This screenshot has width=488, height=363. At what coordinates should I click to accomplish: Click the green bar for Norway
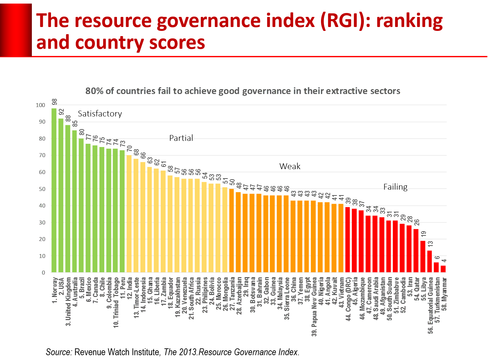54,190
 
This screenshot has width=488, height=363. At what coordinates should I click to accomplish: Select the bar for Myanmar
443,269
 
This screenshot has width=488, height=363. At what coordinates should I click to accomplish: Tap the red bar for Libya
423,256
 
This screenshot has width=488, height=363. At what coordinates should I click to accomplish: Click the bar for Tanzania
232,231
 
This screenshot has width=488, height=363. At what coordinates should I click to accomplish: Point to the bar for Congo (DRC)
348,240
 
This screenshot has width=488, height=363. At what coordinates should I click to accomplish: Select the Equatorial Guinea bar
430,262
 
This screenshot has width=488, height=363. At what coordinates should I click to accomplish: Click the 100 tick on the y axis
41,105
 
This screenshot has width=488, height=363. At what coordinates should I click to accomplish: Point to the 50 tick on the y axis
42,189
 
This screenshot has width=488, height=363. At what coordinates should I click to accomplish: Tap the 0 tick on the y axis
44,273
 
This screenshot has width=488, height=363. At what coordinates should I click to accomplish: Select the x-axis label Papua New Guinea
314,306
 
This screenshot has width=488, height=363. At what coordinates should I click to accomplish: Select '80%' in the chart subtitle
94,91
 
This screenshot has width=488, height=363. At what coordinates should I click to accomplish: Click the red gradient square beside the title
16,30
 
